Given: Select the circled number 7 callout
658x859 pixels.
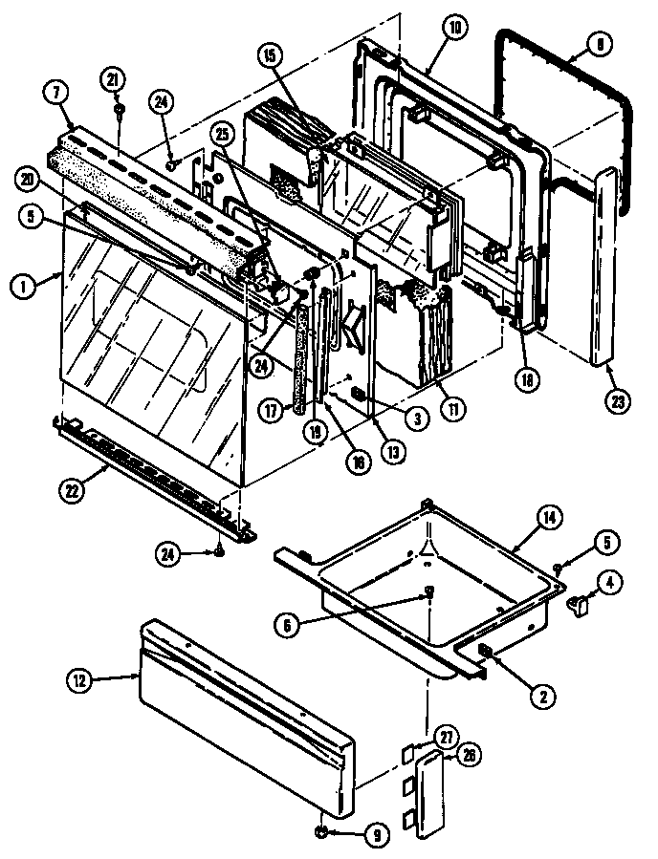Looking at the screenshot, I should click(x=55, y=94).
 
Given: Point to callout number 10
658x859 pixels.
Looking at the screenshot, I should click(x=454, y=28).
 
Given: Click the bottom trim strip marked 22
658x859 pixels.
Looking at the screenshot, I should click(x=153, y=467).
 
